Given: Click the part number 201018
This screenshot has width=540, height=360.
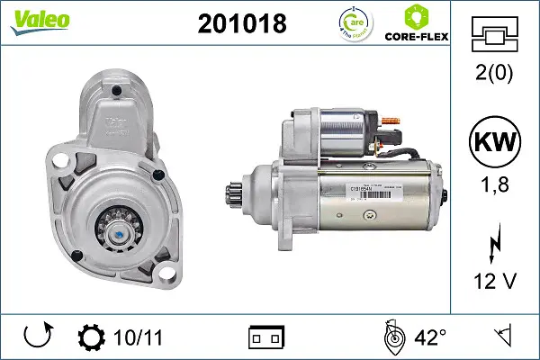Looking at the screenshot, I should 241,24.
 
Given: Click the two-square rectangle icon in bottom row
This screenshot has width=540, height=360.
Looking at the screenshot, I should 265,337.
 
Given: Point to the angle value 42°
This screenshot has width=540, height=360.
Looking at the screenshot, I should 430,337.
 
